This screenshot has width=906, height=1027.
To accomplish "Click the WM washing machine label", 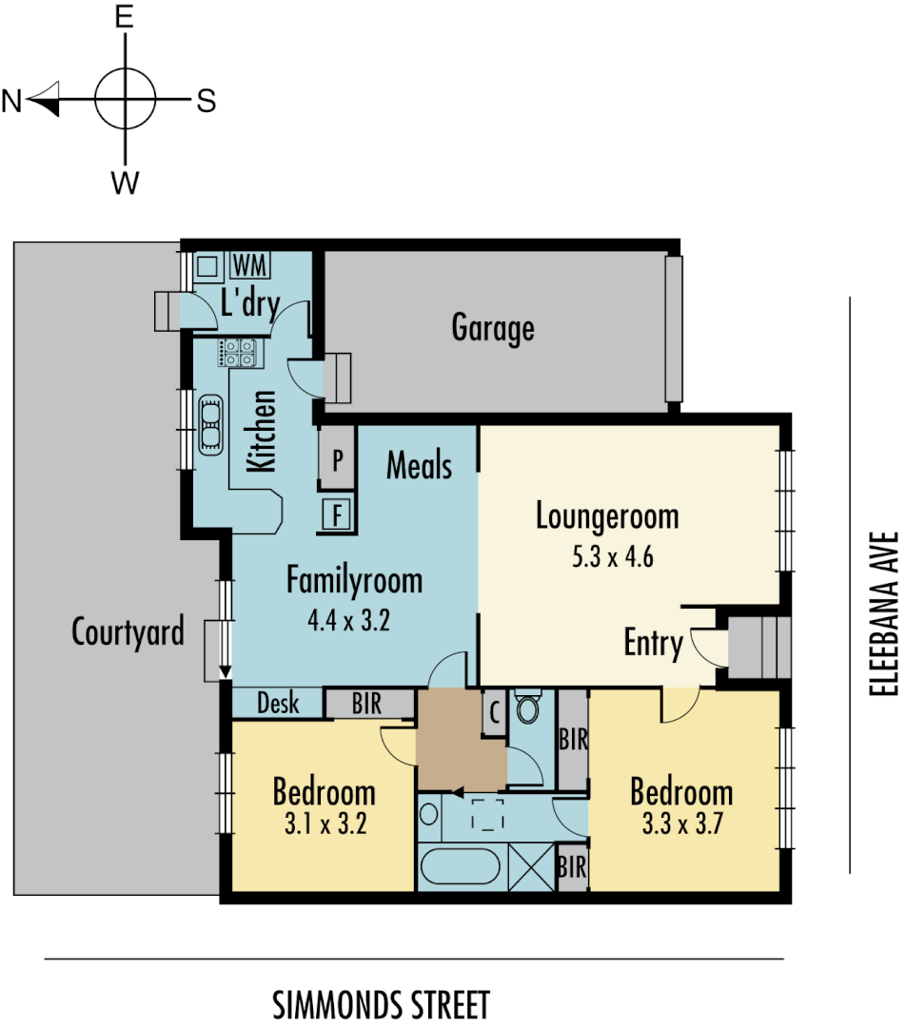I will point(249,263).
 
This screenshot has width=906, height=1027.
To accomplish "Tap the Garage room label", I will point(492,328).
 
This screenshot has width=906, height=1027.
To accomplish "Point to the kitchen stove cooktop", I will point(238,354).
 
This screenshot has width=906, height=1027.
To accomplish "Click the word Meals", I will point(419,466).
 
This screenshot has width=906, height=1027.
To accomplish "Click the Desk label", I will point(278,704).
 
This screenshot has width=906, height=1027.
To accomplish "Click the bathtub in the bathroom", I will point(460,868).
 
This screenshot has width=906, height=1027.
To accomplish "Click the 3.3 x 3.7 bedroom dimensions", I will point(681,824).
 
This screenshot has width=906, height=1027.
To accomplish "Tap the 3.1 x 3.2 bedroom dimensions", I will point(324,824).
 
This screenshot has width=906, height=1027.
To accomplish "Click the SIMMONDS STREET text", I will point(381,1004).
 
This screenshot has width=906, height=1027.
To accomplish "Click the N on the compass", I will point(11,101).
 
